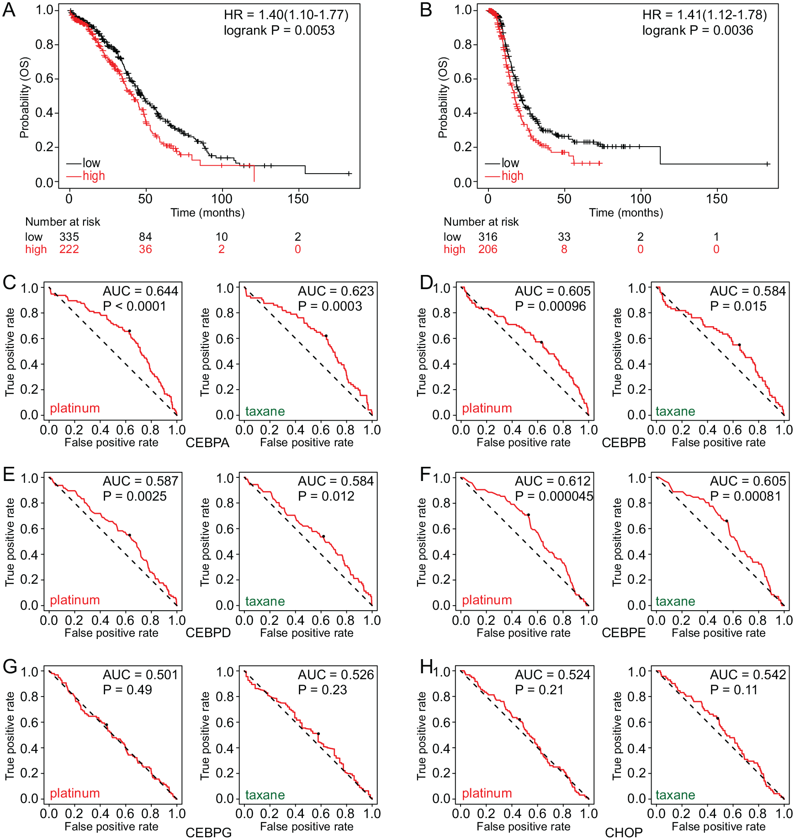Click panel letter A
[9, 10]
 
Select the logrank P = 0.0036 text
[698, 31]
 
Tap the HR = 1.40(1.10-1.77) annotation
[286, 15]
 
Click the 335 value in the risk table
[69, 237]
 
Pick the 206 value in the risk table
[488, 249]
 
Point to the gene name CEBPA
[207, 443]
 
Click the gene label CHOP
[623, 833]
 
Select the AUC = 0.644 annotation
[140, 291]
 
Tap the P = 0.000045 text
[554, 496]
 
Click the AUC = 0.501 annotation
[140, 675]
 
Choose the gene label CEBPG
[208, 833]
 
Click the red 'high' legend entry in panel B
[512, 176]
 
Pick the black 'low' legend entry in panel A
[91, 163]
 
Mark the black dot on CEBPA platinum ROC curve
[129, 331]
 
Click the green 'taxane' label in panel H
[675, 795]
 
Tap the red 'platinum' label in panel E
[75, 600]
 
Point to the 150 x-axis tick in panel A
[298, 199]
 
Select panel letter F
[425, 474]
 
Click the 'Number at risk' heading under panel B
[481, 222]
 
